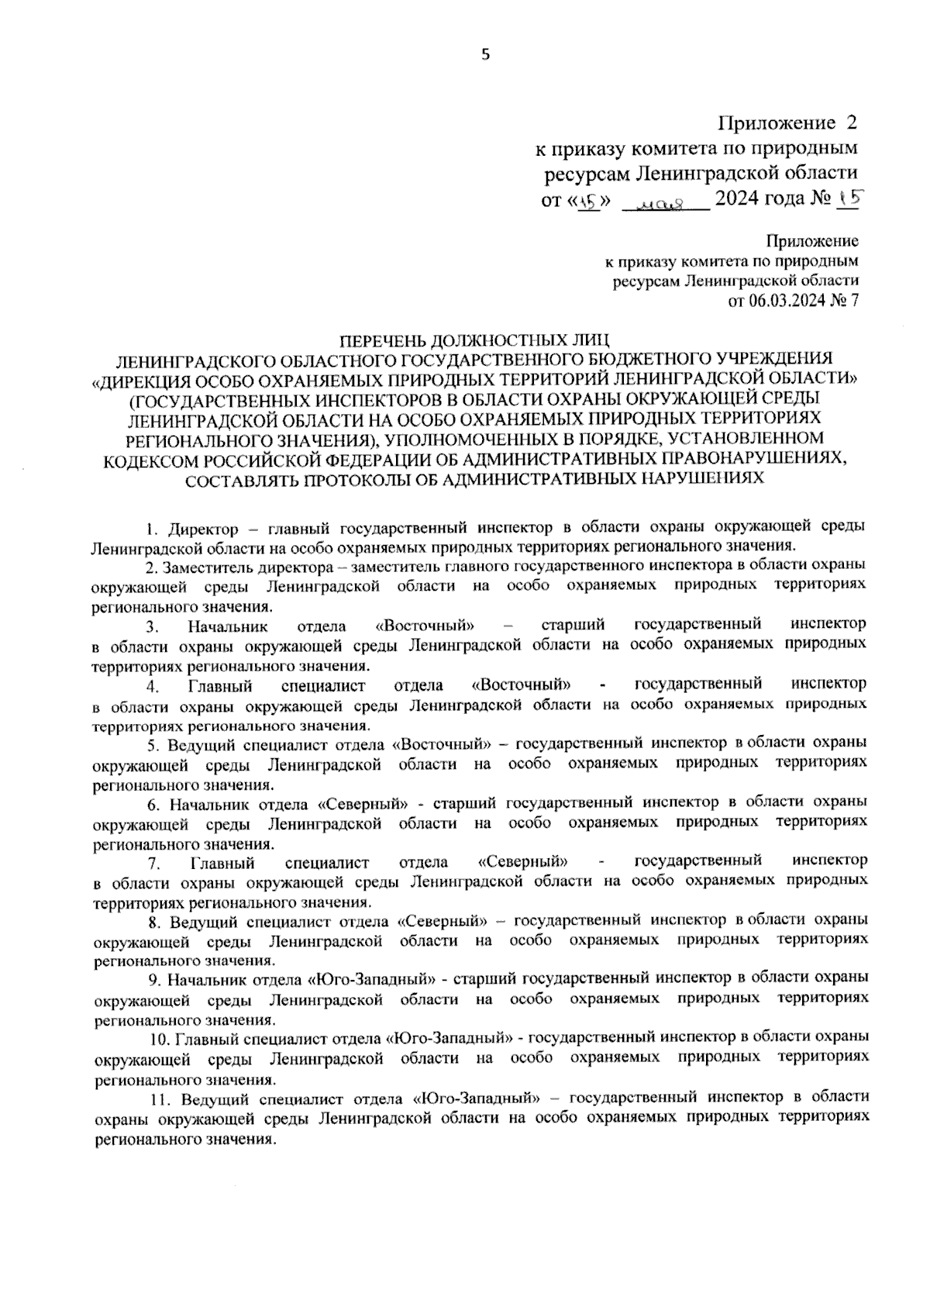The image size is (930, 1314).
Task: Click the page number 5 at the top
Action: (x=486, y=53)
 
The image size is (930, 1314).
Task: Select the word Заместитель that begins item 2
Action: (x=205, y=567)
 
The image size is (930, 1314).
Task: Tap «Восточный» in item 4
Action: (x=521, y=685)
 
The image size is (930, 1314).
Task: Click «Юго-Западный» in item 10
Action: (x=450, y=1037)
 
